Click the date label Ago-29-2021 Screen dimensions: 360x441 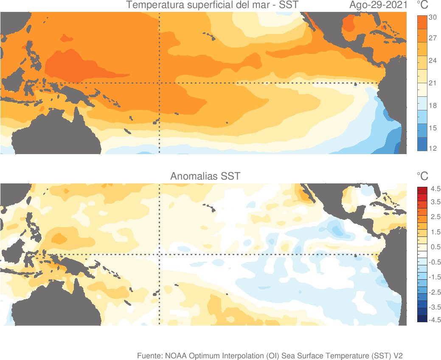click(x=378, y=6)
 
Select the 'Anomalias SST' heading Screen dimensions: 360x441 click(x=205, y=176)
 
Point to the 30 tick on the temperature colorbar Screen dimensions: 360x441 click(x=433, y=17)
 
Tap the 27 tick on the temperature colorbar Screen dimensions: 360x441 click(x=433, y=38)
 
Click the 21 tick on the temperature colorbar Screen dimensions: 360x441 click(x=433, y=83)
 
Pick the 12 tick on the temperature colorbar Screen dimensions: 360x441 click(x=433, y=148)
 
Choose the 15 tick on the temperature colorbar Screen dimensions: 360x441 click(x=433, y=128)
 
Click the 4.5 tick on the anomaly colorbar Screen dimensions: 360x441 click(x=435, y=188)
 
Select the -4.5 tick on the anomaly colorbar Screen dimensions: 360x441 click(x=434, y=320)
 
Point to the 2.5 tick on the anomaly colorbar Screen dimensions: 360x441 click(x=435, y=217)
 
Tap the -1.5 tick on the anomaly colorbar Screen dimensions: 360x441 click(x=434, y=277)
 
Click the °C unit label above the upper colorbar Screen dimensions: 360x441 click(x=422, y=6)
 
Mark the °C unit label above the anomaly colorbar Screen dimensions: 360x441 click(x=422, y=176)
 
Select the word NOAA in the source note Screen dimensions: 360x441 click(x=175, y=356)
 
